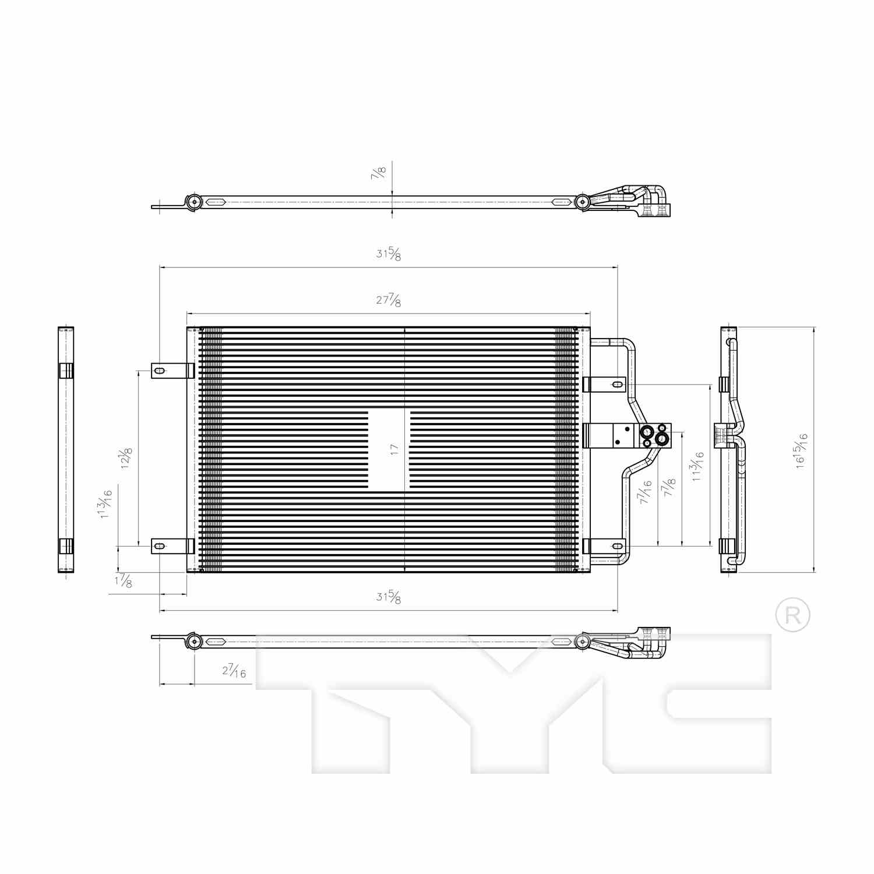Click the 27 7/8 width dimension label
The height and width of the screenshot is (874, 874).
(x=389, y=301)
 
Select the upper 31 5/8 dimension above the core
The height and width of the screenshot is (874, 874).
(x=389, y=254)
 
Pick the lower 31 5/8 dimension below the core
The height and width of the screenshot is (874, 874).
(x=389, y=597)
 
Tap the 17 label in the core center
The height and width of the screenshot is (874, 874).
(x=394, y=449)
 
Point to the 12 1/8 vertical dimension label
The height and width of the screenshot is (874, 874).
(x=125, y=459)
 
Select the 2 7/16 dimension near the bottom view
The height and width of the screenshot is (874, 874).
(x=234, y=671)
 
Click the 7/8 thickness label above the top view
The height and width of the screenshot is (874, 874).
(x=379, y=172)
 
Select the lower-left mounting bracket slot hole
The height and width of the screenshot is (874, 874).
(x=159, y=546)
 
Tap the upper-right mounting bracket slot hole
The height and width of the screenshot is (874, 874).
(x=616, y=385)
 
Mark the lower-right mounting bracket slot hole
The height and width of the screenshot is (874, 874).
(x=617, y=546)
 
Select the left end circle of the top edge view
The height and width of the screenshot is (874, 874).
(x=194, y=202)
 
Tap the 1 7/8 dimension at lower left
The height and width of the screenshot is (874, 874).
(x=124, y=582)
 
